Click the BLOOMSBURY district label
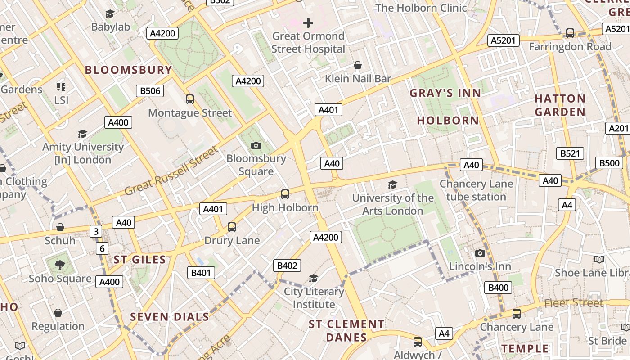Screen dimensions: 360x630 tap(128, 70)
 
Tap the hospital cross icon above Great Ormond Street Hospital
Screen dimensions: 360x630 tap(308, 22)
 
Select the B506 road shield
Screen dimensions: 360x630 tap(150, 91)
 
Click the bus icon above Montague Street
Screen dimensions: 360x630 tap(190, 99)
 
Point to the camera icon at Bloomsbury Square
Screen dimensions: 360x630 tap(256, 145)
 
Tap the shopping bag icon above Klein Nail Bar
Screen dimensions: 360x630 tap(358, 66)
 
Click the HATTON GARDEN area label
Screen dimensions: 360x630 tap(560, 105)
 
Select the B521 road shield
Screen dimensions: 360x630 tap(570, 153)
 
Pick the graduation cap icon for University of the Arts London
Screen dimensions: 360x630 tap(392, 184)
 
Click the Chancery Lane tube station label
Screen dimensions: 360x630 tap(476, 190)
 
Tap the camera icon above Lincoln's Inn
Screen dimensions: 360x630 tap(480, 253)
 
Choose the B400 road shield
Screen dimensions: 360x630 tap(498, 288)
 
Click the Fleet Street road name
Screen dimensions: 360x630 tap(574, 303)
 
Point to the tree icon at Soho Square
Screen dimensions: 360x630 tap(60, 265)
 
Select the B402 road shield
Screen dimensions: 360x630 tap(287, 265)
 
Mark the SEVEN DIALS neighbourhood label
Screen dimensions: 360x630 tap(170, 317)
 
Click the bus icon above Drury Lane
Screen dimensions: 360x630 tap(232, 227)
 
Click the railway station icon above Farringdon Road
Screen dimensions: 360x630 tap(570, 33)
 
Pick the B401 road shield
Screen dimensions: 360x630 tap(201, 272)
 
